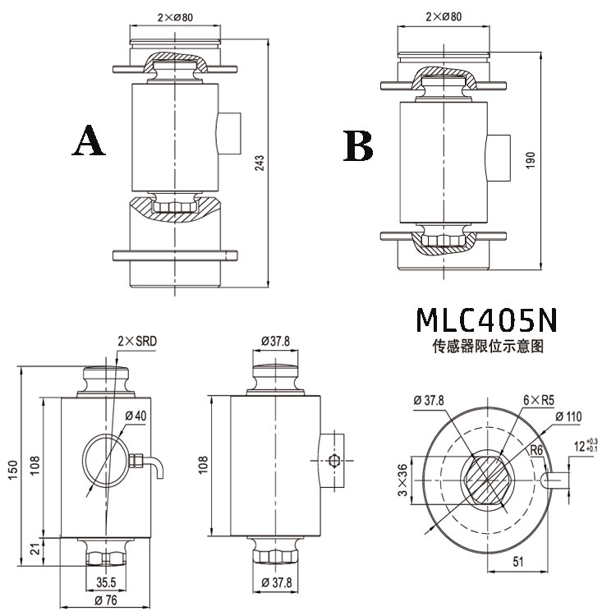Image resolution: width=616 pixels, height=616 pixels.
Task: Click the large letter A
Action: click(x=89, y=140)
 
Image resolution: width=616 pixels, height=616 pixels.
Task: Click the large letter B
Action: click(x=358, y=145)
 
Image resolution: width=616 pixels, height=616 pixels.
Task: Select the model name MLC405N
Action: click(x=487, y=319)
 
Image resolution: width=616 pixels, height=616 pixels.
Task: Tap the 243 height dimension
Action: click(x=260, y=163)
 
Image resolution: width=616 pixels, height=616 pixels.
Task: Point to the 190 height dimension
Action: click(x=531, y=160)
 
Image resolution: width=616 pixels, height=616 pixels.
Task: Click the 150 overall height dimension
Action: click(x=12, y=470)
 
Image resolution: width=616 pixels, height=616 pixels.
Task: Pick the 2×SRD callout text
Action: click(x=137, y=341)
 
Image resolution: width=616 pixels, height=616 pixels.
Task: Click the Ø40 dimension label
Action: click(x=136, y=416)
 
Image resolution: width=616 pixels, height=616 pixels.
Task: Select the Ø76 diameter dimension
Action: click(x=106, y=600)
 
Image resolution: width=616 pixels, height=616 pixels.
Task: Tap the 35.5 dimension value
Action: click(x=106, y=582)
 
